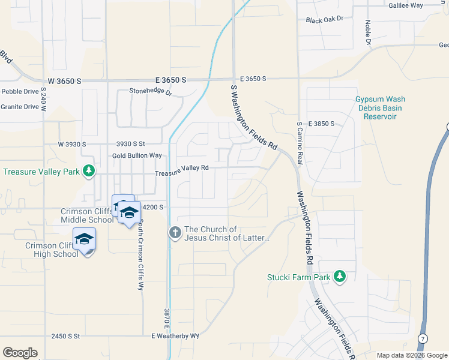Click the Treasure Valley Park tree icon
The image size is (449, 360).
coord(89,171)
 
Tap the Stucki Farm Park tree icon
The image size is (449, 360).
coord(340,277)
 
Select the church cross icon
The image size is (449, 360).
coord(175,232)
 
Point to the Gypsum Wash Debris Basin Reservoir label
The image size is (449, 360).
coord(380,107)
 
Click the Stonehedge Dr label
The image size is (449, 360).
coord(151,92)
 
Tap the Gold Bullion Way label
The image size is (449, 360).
coord(137,155)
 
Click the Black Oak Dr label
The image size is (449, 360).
coord(324,20)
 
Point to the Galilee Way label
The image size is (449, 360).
coord(408,5)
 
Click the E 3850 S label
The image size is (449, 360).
coord(321,124)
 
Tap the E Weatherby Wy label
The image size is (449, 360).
coord(175,336)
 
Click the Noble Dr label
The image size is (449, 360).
coord(368,33)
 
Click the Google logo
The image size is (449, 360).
coord(20,353)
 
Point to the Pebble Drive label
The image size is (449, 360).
coord(19,91)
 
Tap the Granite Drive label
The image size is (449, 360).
coord(19,107)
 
